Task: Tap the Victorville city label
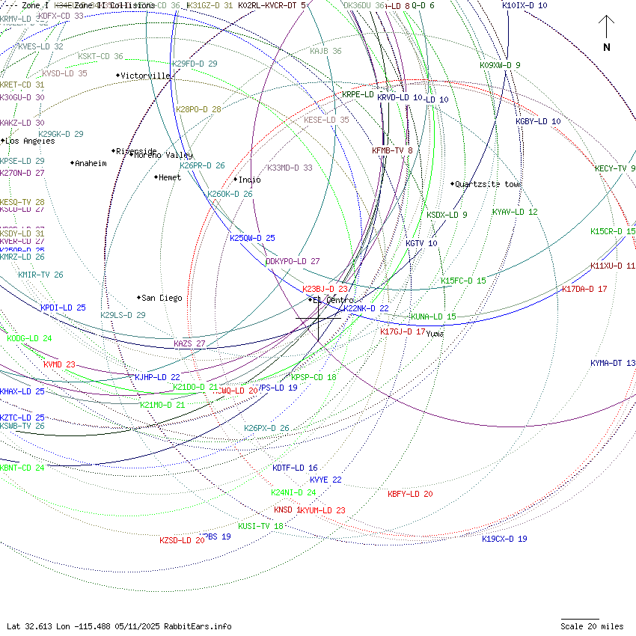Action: pos(145,76)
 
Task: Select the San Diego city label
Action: pos(161,298)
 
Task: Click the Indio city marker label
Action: pos(249,180)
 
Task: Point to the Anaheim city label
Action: pos(91,163)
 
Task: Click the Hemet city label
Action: pos(170,177)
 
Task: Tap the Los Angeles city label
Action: pos(30,141)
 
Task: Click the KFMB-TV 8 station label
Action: pos(392,150)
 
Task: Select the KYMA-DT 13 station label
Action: pos(613,363)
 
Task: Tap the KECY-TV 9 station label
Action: pos(615,168)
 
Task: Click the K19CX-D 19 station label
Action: pos(504,539)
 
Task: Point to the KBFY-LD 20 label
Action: pos(410,494)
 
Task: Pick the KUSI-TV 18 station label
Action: pos(260,526)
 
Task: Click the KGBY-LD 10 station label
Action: pos(538,121)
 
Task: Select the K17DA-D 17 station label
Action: pos(584,289)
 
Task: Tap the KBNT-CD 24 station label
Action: pos(22,468)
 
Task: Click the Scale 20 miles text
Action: pos(592,626)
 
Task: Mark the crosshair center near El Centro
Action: pos(318,318)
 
